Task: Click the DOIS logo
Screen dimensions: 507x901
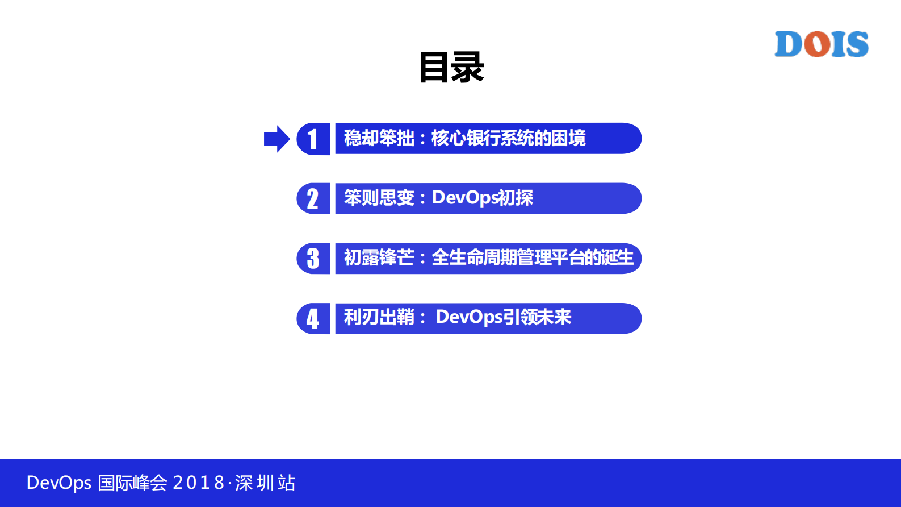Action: tap(822, 44)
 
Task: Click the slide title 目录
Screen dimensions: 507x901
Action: tap(451, 68)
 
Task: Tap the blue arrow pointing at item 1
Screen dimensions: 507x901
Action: tap(276, 139)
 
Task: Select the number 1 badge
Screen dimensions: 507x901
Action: tap(313, 139)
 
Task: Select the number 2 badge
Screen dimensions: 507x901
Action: tap(313, 198)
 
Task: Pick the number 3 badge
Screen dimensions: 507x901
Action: tap(313, 259)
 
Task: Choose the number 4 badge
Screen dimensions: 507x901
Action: tap(313, 318)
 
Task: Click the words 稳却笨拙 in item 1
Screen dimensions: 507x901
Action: tap(379, 138)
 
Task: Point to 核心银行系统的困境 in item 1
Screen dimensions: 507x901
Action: tap(508, 138)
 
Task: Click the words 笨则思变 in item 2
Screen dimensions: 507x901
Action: tap(379, 198)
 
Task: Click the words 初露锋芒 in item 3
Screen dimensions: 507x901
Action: tap(379, 257)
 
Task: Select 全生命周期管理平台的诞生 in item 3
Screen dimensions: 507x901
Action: tap(532, 257)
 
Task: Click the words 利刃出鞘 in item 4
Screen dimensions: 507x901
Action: tap(379, 317)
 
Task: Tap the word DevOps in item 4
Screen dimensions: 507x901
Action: tap(469, 317)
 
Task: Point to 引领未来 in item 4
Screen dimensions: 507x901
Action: tap(537, 317)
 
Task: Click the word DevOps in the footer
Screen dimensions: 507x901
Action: tap(58, 483)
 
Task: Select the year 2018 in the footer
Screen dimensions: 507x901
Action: tap(198, 483)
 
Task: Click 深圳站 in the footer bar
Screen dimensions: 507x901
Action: tap(265, 483)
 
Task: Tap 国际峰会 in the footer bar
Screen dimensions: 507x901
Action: tap(133, 483)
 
